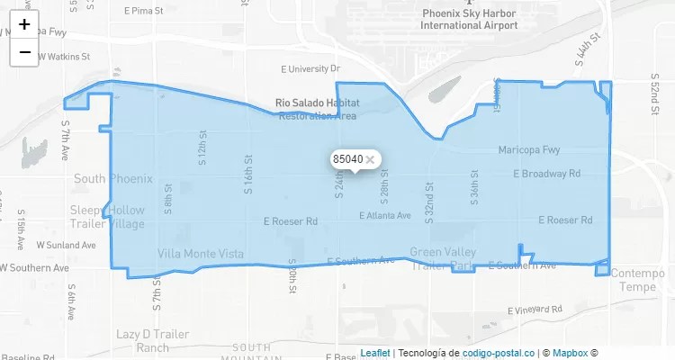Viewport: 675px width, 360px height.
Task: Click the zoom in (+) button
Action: [x=25, y=24]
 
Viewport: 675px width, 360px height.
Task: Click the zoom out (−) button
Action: [x=25, y=52]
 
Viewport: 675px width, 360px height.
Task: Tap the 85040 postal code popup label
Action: [x=347, y=159]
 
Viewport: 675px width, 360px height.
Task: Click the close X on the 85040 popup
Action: [x=370, y=159]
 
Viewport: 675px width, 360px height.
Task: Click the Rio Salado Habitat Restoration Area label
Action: [x=317, y=110]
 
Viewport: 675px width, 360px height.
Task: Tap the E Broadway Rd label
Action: [x=546, y=174]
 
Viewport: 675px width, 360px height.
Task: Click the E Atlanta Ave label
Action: [x=385, y=216]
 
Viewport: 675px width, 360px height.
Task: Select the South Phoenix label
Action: [x=113, y=178]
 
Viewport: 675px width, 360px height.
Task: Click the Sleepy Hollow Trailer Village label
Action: [x=107, y=217]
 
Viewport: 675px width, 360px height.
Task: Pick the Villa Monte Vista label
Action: [x=201, y=255]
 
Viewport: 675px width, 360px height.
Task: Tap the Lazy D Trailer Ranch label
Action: [x=153, y=340]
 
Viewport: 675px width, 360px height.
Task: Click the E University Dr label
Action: [x=310, y=68]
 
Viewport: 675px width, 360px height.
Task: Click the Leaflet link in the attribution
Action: [x=375, y=353]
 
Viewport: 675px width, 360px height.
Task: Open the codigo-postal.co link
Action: [x=498, y=353]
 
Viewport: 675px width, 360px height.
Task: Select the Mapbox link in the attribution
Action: [x=570, y=353]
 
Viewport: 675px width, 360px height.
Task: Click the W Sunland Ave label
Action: [x=67, y=245]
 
